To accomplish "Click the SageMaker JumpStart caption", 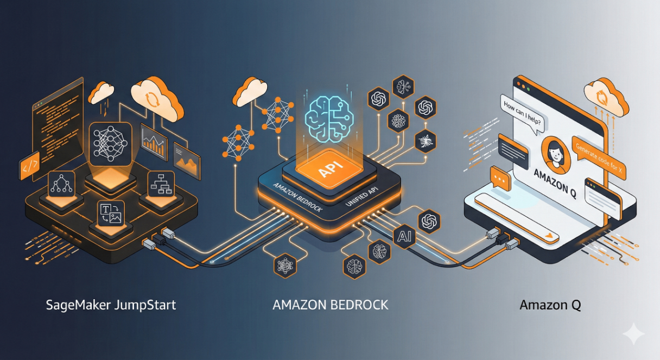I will tap(111, 305).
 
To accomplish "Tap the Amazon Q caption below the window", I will tap(550, 305).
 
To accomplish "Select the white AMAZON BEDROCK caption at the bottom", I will tap(330, 305).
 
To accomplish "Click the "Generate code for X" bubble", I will tap(599, 157).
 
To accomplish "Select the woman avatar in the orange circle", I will tap(556, 151).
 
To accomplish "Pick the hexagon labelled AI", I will tap(404, 237).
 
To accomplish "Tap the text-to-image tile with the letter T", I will tap(110, 213).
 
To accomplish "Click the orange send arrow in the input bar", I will tap(551, 235).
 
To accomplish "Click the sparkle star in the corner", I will tap(633, 334).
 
